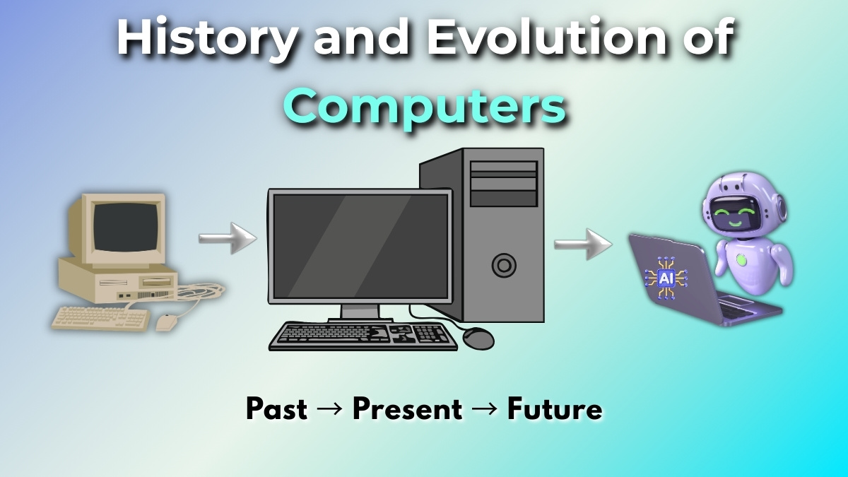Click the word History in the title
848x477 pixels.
(x=206, y=39)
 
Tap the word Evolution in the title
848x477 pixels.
(x=546, y=37)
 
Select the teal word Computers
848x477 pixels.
(x=425, y=107)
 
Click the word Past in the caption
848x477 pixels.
(x=276, y=409)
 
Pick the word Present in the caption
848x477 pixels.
(x=407, y=409)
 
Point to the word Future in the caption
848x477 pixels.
(x=555, y=409)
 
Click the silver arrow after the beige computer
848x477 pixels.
(x=228, y=238)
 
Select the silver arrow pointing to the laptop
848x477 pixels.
(x=583, y=245)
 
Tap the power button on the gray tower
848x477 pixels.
(x=504, y=266)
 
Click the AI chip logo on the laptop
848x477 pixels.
(x=666, y=278)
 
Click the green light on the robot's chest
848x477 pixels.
(x=741, y=260)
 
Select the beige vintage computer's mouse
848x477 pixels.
(x=167, y=322)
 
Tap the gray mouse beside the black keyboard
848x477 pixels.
(x=478, y=338)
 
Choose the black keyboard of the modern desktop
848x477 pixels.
(x=363, y=336)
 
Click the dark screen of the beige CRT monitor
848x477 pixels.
(x=126, y=227)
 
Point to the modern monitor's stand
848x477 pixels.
(x=360, y=313)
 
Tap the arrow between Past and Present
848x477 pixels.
(x=329, y=409)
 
